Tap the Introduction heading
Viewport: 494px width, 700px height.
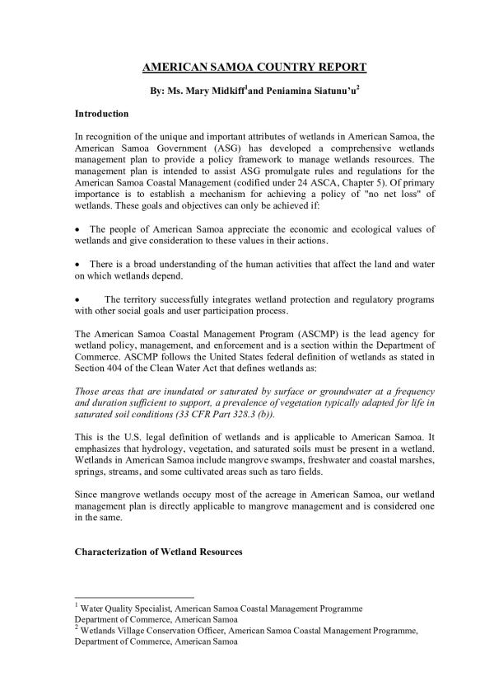[101, 113]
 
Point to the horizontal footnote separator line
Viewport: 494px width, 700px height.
[134, 596]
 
